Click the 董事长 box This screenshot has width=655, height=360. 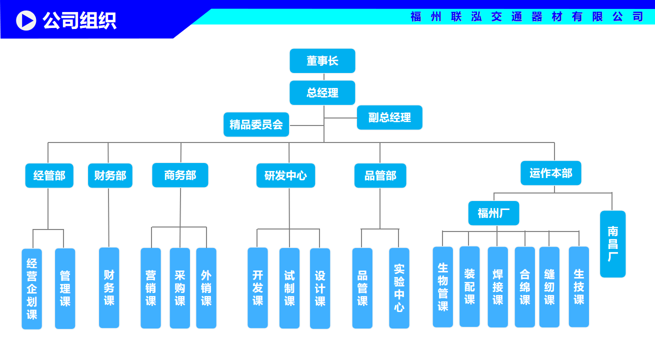click(322, 61)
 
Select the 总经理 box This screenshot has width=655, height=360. click(322, 92)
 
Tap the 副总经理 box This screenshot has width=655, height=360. click(389, 117)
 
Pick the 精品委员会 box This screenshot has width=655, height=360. click(256, 124)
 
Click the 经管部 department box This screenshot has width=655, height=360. click(49, 175)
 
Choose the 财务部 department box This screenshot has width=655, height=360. click(110, 175)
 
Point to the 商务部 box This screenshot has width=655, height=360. click(180, 175)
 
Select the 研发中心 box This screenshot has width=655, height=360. click(285, 175)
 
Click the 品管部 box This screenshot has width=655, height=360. click(380, 175)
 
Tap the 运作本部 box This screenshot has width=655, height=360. click(550, 173)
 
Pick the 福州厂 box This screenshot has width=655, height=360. click(493, 213)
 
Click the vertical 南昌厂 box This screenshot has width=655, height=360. click(612, 244)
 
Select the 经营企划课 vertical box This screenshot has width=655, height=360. click(31, 288)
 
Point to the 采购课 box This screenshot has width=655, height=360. click(179, 288)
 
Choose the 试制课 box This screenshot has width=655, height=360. click(289, 288)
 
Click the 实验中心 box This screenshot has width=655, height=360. click(399, 288)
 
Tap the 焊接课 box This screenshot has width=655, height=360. click(497, 287)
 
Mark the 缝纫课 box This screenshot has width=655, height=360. click(549, 287)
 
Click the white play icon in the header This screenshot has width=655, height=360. click(26, 20)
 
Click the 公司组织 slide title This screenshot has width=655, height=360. click(79, 20)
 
